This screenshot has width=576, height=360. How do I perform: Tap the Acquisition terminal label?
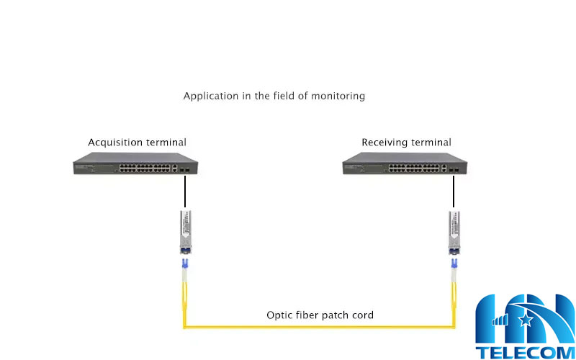137,143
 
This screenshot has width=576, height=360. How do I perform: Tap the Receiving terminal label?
406,143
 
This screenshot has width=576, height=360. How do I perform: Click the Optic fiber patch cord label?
320,315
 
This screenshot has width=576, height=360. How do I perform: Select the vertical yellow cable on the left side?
184,302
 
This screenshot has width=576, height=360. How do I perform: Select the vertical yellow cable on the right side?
454,302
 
